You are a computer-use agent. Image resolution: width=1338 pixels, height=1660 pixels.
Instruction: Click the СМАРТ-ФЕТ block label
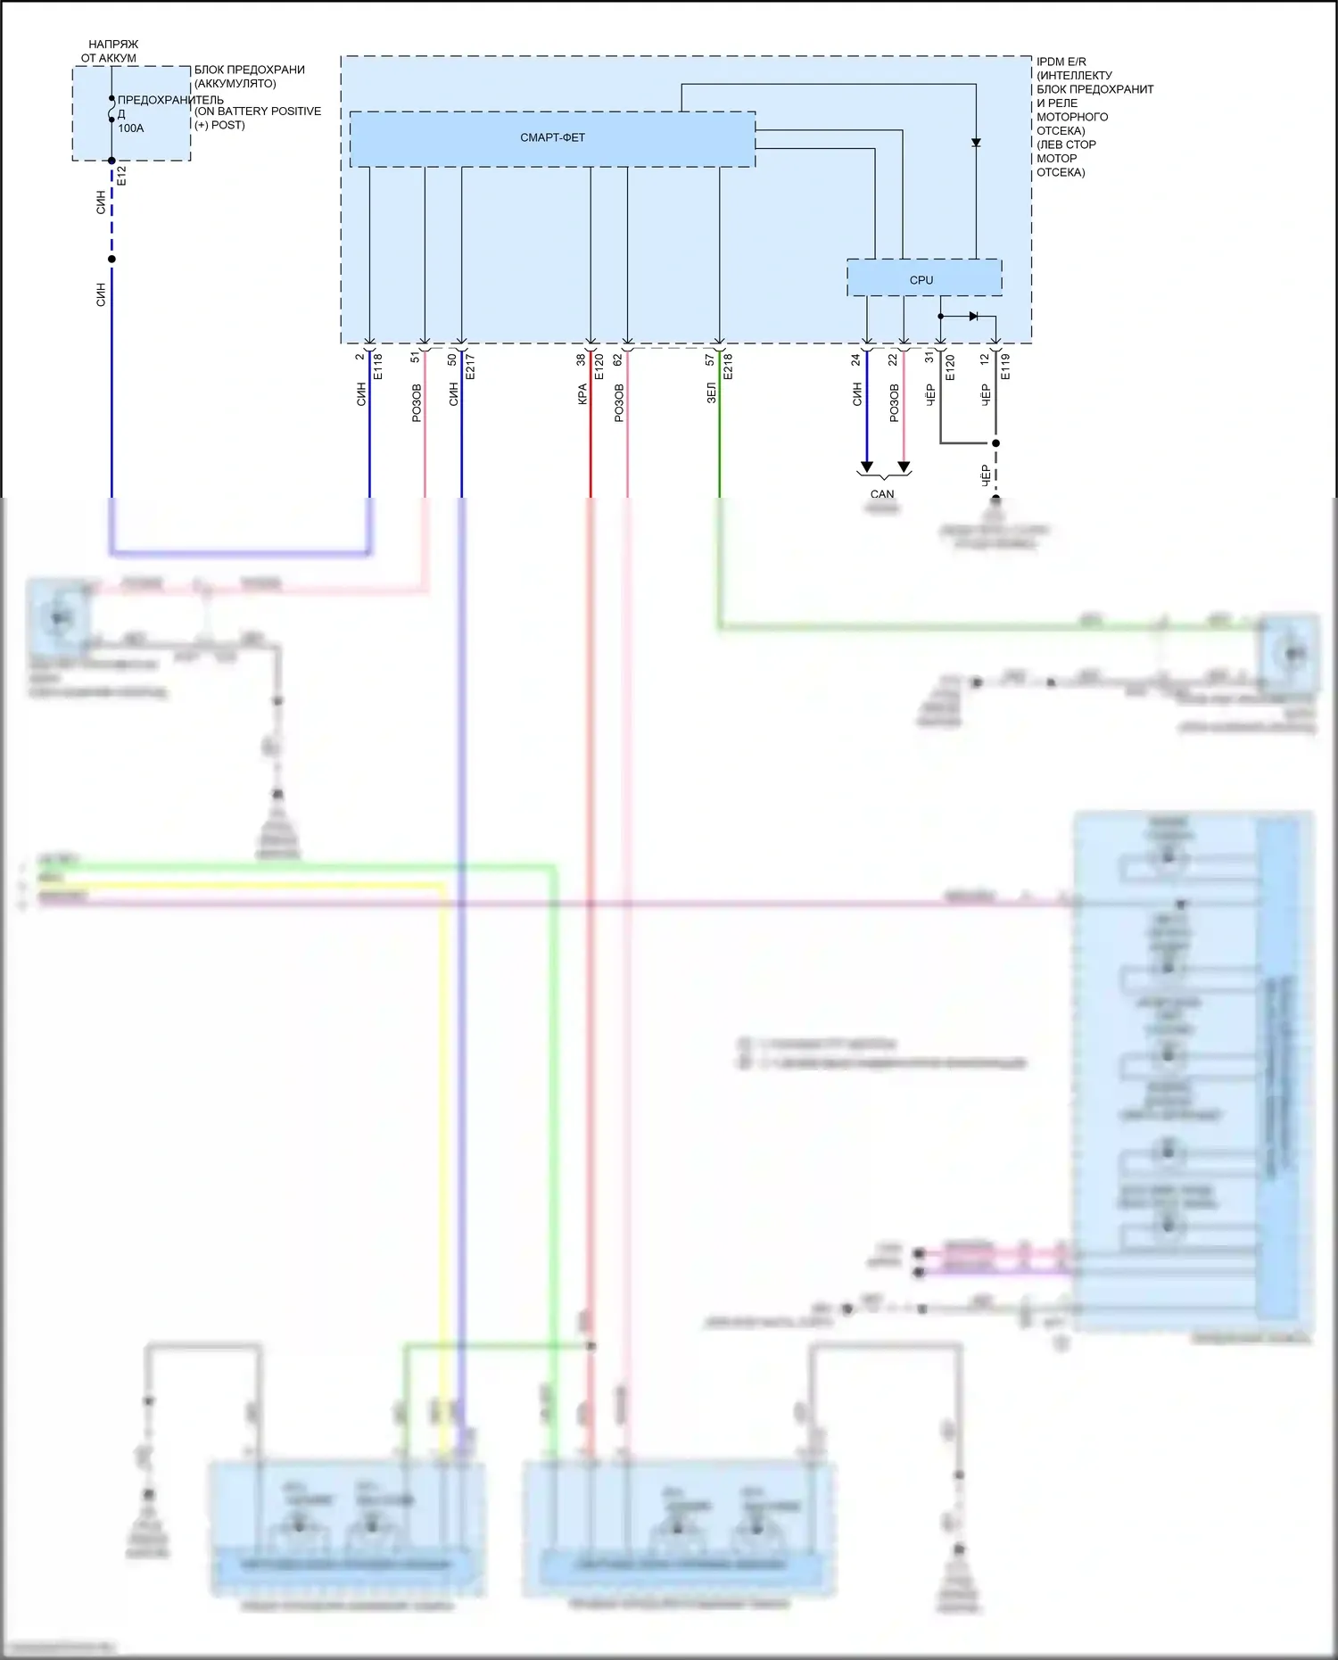pos(552,138)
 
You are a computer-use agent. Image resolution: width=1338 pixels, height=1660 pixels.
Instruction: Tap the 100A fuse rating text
pos(130,128)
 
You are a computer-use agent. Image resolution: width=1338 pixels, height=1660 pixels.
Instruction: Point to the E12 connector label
pos(122,176)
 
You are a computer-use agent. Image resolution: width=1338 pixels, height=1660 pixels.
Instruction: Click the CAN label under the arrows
pos(881,494)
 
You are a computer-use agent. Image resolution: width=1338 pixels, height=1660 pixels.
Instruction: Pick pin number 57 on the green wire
pos(710,360)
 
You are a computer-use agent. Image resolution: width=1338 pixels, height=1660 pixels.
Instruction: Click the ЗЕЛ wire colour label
pos(711,393)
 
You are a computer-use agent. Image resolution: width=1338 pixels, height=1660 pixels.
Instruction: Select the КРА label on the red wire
pos(582,394)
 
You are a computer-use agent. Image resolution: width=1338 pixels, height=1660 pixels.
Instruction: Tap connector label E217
pos(470,366)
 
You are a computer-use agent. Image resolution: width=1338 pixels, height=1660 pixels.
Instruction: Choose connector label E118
pos(377,366)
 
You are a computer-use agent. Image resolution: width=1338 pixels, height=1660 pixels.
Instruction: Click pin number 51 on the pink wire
pos(415,357)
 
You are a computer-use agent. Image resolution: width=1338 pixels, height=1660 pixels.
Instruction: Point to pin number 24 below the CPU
pos(855,359)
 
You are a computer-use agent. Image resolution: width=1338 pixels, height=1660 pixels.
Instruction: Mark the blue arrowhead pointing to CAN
pos(866,467)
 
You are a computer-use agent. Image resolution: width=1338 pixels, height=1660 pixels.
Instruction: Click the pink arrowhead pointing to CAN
pos(904,467)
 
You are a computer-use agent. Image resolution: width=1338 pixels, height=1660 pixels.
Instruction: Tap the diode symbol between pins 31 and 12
pos(973,316)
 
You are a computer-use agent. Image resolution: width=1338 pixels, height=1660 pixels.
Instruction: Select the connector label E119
pos(1005,366)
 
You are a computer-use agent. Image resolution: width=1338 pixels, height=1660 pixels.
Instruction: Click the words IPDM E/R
pos(1061,62)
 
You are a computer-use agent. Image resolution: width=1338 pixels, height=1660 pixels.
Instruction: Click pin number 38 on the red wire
pos(581,359)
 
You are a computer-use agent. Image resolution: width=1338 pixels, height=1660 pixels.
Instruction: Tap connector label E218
pos(728,366)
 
